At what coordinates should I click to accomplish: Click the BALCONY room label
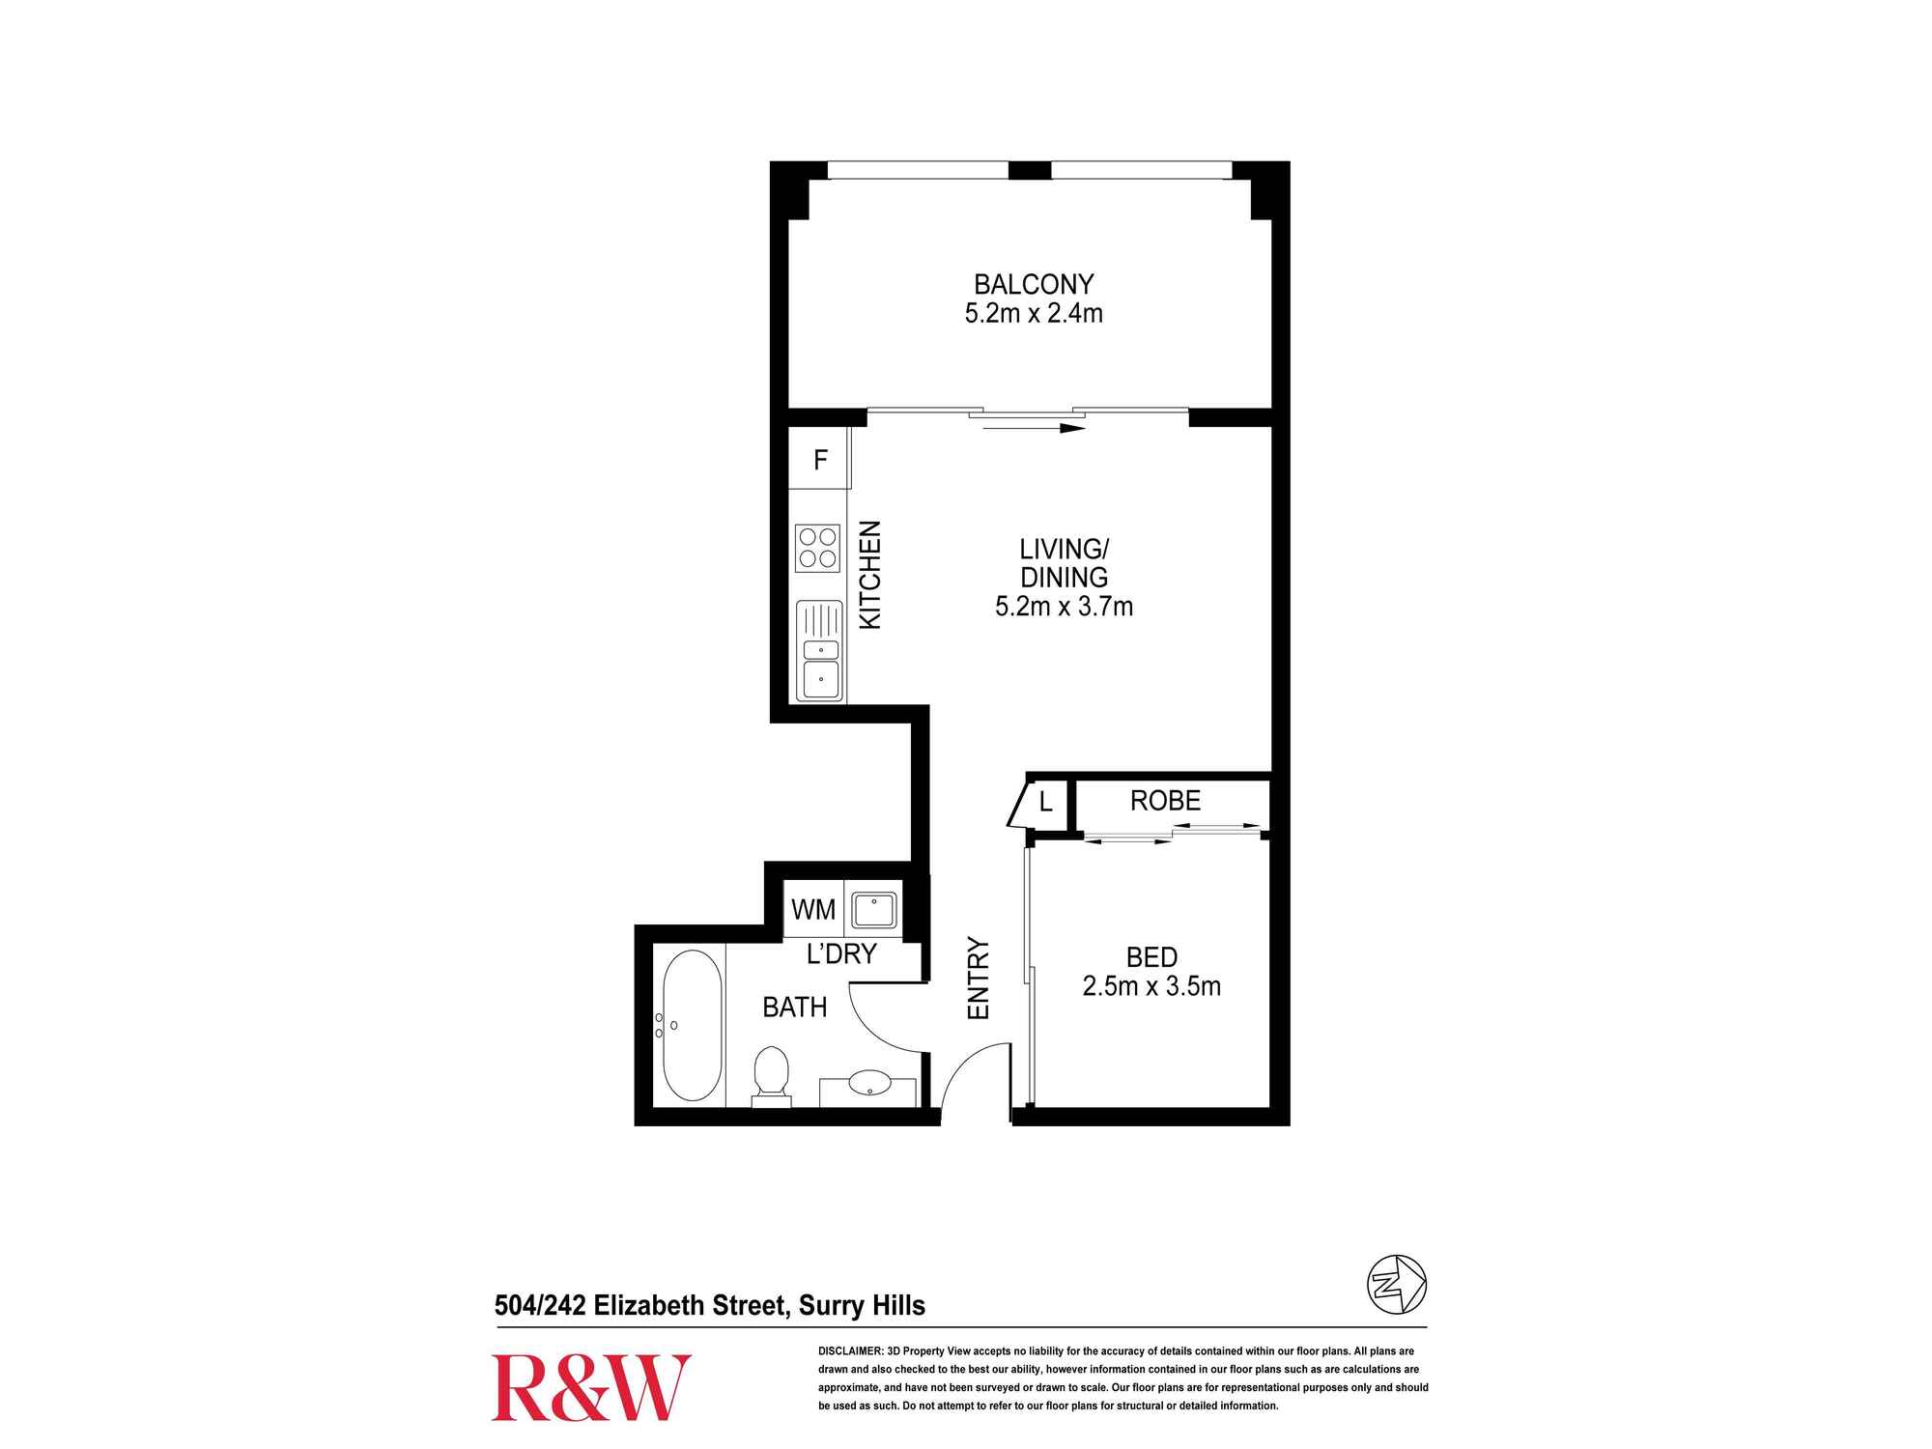click(x=1033, y=285)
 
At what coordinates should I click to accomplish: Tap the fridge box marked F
click(x=820, y=460)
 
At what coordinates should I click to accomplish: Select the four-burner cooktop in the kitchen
click(x=817, y=548)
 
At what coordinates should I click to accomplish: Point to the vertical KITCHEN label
click(x=871, y=575)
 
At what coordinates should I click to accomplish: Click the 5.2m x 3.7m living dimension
click(x=1064, y=607)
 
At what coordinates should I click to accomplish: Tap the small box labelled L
click(x=1045, y=802)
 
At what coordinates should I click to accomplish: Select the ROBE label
click(x=1165, y=800)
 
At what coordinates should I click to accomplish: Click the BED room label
click(x=1151, y=957)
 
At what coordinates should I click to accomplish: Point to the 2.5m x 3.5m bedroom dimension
click(x=1151, y=986)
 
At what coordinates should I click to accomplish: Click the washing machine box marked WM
click(x=812, y=909)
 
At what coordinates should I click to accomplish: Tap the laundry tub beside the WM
click(x=873, y=909)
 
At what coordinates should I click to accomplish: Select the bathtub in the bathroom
click(x=692, y=1026)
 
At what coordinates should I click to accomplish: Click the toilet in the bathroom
click(x=771, y=1074)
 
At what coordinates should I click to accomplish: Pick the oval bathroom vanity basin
click(x=870, y=1083)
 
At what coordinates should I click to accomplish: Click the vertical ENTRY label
click(x=979, y=979)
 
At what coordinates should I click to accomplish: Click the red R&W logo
click(x=591, y=1387)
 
